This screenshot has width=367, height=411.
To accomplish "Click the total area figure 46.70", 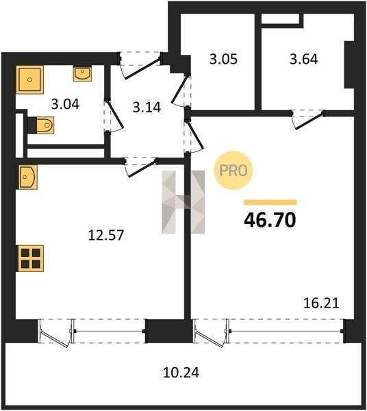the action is click(x=270, y=220).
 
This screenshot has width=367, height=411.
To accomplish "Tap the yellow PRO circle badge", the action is click(x=233, y=171).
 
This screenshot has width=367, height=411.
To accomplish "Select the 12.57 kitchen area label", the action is click(x=106, y=235).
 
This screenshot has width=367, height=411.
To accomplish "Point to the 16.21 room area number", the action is click(x=321, y=303).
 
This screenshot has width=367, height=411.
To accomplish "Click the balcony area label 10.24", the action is click(x=181, y=373).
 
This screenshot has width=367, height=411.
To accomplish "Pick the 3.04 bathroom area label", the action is click(x=65, y=104).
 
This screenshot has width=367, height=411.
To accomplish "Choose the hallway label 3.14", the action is click(x=147, y=108).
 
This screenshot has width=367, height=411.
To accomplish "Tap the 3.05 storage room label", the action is click(x=223, y=59).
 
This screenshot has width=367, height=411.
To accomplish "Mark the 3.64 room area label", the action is click(x=304, y=59).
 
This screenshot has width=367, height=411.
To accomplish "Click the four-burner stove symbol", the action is click(x=30, y=258).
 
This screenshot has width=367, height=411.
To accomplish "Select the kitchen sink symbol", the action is click(x=28, y=177).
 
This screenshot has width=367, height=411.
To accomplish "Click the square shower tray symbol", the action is click(x=30, y=79).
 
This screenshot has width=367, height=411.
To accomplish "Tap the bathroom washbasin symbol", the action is click(x=83, y=74).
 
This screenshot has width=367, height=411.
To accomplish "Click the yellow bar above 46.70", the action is click(x=270, y=202).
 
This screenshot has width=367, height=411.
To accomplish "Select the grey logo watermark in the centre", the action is click(x=183, y=202).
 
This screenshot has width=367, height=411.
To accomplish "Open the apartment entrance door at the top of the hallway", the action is click(x=140, y=65).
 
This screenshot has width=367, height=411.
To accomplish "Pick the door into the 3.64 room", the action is click(x=308, y=119).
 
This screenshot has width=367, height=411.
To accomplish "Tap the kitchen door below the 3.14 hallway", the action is click(x=141, y=168).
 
